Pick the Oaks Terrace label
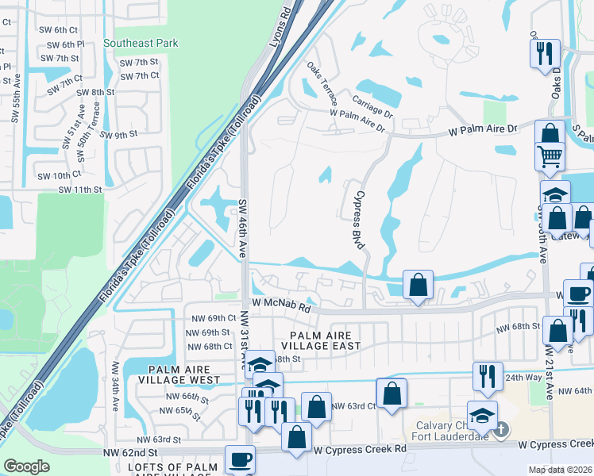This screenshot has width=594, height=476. pyautogui.click(x=322, y=86)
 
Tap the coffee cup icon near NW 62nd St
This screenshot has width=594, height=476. pyautogui.click(x=240, y=459)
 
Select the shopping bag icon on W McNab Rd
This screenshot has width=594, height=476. pyautogui.click(x=418, y=284)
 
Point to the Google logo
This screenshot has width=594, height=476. pyautogui.click(x=26, y=466)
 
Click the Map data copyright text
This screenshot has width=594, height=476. pyautogui.click(x=561, y=470)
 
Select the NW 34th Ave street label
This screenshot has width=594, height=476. pyautogui.click(x=116, y=386)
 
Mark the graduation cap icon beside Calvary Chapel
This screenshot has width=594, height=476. pyautogui.click(x=481, y=414)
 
